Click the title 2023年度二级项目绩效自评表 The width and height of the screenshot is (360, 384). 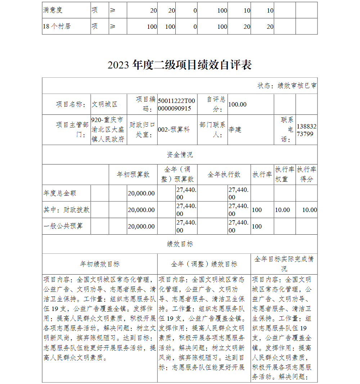point(179,65)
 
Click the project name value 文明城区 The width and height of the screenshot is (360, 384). point(104,104)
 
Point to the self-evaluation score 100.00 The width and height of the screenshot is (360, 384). point(238,104)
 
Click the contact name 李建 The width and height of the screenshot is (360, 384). point(235,130)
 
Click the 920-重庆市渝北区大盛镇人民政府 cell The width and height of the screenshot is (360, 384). point(108,130)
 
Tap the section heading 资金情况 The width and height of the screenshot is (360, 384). point(180,155)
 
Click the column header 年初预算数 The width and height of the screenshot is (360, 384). point(133,175)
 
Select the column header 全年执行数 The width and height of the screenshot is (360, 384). point(224,175)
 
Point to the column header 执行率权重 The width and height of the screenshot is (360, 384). point(284,174)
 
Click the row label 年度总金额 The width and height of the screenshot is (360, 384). point(60,193)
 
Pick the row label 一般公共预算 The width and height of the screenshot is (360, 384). point(63,226)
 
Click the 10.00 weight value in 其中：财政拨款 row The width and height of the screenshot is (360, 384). point(282,210)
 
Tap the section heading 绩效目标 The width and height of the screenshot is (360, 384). point(180,244)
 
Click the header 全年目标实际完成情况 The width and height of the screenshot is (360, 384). point(284,264)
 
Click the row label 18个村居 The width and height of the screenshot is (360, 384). point(57,26)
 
